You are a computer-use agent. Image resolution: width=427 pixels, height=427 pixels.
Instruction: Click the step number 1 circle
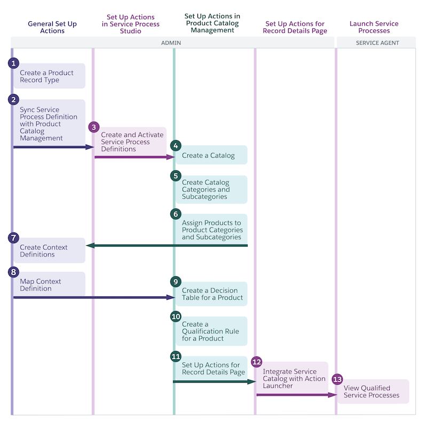(13, 64)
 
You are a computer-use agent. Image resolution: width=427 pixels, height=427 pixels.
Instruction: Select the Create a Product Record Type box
(49, 76)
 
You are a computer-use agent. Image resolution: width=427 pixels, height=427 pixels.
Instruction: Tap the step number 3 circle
(94, 127)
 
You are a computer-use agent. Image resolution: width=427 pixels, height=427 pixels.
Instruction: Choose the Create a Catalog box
(211, 156)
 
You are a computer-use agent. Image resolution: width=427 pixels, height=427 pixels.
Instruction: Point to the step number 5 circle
(176, 176)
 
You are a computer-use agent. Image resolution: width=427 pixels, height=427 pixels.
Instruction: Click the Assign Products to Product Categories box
(211, 230)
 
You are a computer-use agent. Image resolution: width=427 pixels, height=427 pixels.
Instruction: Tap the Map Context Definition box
(49, 285)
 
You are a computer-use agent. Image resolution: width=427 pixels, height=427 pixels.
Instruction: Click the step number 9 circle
(176, 282)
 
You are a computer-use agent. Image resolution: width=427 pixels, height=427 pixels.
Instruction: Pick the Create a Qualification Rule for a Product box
(211, 331)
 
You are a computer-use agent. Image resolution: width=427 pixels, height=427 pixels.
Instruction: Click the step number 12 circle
(257, 362)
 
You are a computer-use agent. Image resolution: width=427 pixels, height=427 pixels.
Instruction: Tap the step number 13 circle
(337, 379)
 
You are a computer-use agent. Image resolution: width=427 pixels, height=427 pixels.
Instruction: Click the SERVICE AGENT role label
(377, 43)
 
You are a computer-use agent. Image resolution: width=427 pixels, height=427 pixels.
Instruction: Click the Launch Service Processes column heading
(374, 27)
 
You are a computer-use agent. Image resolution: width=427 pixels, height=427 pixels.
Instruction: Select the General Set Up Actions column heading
(52, 27)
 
